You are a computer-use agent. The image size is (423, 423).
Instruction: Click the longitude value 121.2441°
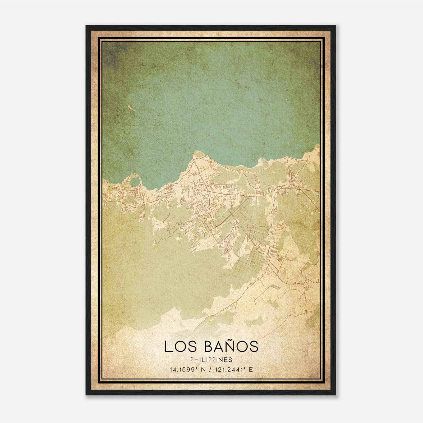tap(228, 369)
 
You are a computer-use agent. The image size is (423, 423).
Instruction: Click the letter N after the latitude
tap(203, 369)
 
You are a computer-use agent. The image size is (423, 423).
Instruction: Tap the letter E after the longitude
tap(251, 369)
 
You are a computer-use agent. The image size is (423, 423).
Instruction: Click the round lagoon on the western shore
tap(135, 182)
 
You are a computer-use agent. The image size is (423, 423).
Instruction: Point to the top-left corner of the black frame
tap(86, 26)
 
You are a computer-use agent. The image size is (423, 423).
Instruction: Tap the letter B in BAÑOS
tap(209, 346)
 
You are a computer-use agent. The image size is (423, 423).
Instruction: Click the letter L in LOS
tap(168, 346)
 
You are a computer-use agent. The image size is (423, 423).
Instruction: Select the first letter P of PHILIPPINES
tap(192, 360)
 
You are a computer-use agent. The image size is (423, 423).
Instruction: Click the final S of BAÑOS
tap(254, 346)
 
